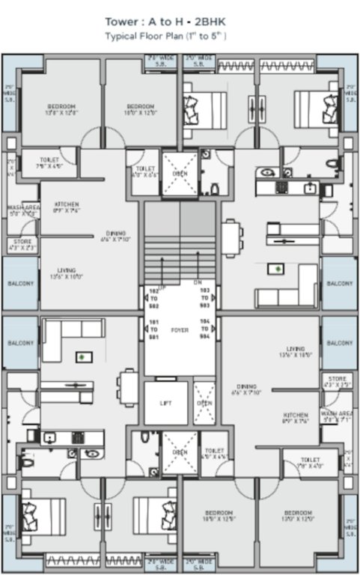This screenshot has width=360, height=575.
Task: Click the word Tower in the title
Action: (x=120, y=23)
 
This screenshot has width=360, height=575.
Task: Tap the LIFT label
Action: (x=165, y=403)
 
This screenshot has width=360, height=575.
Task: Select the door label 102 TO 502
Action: (x=155, y=299)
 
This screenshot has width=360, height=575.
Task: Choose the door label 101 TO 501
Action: (x=155, y=329)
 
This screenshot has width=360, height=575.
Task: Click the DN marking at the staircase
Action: (x=197, y=283)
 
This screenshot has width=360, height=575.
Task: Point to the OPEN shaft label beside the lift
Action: (x=204, y=403)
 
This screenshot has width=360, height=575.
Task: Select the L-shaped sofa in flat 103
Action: (x=288, y=288)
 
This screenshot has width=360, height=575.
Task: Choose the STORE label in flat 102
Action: (x=23, y=242)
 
